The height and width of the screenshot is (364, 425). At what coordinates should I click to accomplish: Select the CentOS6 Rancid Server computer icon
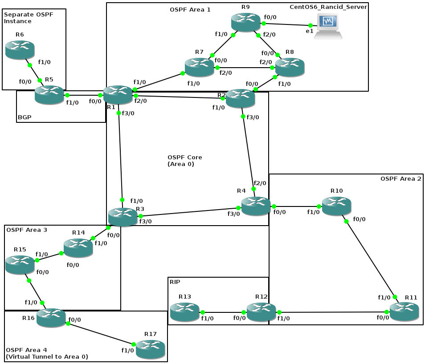click(328, 26)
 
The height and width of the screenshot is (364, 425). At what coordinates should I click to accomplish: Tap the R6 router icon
click(20, 49)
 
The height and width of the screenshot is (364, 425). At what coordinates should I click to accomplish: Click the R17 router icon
click(150, 350)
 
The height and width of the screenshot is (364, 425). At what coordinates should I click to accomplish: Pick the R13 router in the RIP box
click(184, 311)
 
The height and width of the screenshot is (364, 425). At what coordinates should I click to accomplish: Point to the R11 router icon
click(404, 311)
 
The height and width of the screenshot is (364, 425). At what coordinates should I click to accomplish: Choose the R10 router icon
click(336, 206)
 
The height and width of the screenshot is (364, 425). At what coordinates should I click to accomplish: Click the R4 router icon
click(256, 206)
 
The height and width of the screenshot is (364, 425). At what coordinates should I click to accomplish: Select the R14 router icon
click(78, 248)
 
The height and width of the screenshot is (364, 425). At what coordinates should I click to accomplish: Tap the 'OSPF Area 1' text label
click(190, 9)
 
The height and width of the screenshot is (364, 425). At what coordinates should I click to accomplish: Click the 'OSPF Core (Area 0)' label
click(184, 161)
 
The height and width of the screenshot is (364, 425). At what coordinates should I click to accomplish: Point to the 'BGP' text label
click(25, 117)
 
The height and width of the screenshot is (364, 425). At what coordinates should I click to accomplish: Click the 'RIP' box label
click(175, 282)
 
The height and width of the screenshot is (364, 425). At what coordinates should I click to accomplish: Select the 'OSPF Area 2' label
click(400, 178)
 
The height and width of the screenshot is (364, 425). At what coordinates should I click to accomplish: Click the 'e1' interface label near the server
click(309, 31)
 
